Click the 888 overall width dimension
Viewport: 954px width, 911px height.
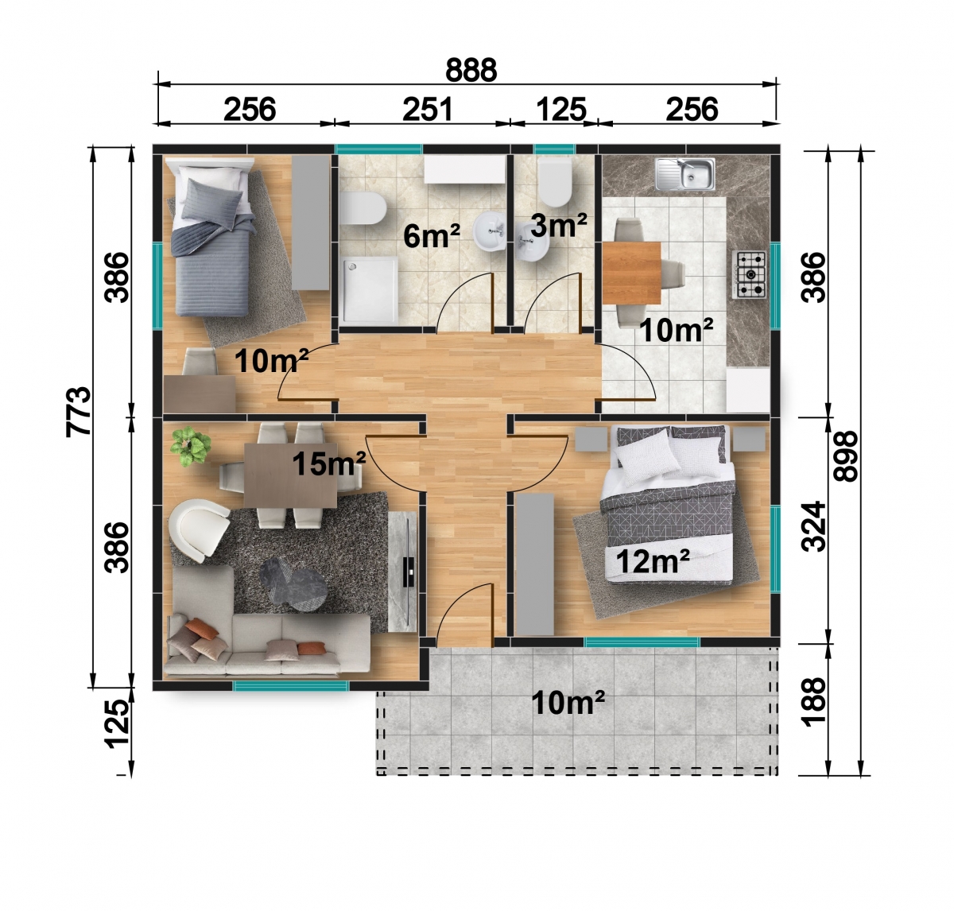[470, 70]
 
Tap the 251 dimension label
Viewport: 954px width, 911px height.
[428, 109]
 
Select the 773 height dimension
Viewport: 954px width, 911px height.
[79, 411]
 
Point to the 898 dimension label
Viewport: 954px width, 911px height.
[846, 456]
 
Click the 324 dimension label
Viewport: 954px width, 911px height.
[813, 526]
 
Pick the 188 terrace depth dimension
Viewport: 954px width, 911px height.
[813, 701]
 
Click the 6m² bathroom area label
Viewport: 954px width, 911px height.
[432, 235]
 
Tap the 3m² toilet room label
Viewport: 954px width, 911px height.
[559, 225]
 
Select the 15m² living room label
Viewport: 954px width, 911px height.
[329, 463]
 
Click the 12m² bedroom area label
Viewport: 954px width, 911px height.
[653, 560]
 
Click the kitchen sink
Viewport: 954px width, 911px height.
[684, 173]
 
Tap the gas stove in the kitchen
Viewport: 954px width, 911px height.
[750, 274]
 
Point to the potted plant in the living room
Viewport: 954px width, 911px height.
[190, 445]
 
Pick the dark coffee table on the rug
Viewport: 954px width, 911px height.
[293, 584]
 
